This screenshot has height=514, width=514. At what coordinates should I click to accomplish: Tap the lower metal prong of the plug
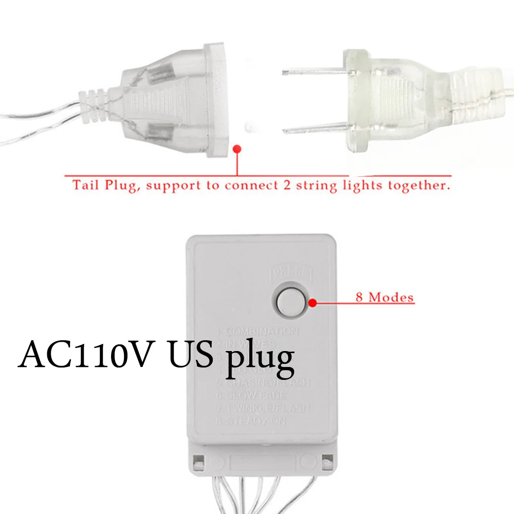(x=314, y=126)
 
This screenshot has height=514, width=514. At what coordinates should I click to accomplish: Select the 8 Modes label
(x=384, y=297)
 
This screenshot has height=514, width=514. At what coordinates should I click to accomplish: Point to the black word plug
(x=260, y=357)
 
